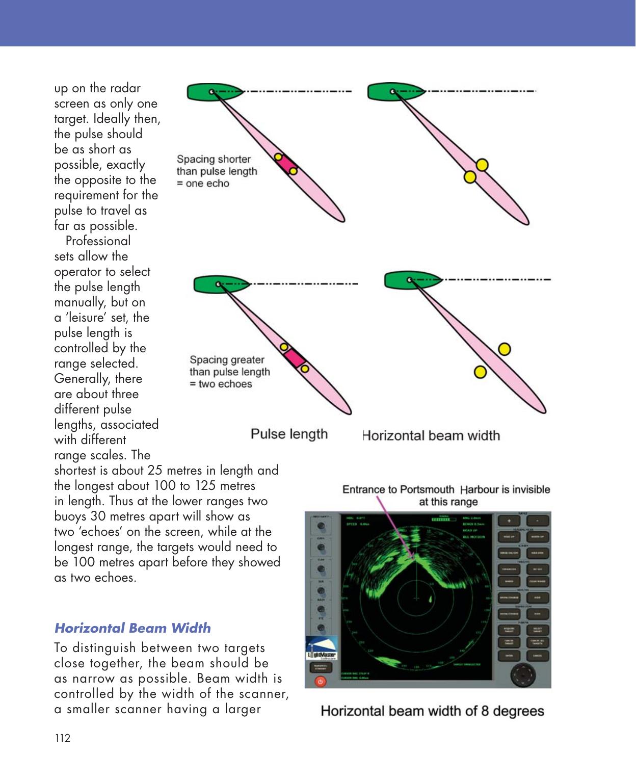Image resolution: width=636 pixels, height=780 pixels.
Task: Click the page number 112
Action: click(62, 738)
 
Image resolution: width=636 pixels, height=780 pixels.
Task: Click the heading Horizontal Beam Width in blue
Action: click(132, 628)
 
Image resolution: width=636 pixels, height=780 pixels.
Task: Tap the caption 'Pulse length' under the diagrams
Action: click(289, 434)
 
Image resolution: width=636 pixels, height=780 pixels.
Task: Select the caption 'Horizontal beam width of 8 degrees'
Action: click(432, 711)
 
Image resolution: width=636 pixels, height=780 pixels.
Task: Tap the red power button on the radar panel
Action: click(320, 681)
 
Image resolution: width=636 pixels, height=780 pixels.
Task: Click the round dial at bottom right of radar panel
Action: click(523, 675)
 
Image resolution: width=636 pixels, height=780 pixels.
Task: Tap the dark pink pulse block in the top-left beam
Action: click(286, 164)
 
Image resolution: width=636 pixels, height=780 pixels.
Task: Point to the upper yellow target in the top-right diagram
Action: click(482, 165)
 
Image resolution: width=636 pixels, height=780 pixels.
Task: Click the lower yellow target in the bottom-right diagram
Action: click(480, 372)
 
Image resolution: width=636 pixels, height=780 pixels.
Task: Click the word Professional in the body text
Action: click(98, 241)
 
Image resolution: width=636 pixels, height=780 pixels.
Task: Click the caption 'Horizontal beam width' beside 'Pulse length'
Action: click(431, 436)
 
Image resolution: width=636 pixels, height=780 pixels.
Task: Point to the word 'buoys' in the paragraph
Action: click(70, 516)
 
